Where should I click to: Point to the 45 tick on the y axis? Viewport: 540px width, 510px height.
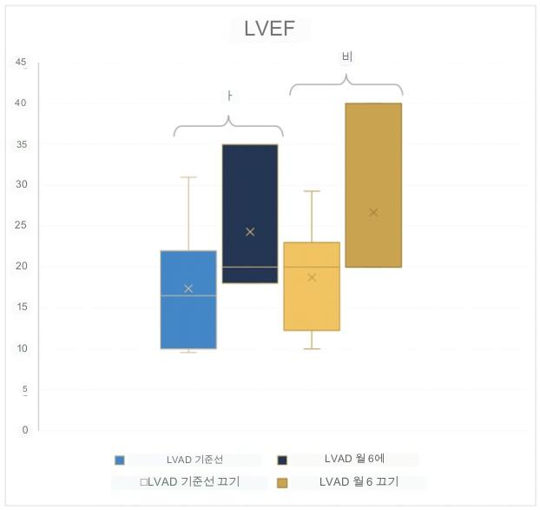point(21,63)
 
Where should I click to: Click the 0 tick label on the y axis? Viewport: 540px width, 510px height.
point(24,430)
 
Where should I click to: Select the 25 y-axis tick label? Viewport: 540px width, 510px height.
point(21,226)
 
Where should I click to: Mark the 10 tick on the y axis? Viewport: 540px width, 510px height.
point(21,348)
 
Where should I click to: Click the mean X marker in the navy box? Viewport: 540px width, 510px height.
point(250,232)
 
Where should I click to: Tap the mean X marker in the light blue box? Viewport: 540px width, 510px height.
point(188,288)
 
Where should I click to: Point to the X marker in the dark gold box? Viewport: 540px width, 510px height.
point(373,212)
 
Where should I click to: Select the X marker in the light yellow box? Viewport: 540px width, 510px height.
point(312,277)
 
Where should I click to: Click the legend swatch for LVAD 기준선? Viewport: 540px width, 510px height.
point(120,460)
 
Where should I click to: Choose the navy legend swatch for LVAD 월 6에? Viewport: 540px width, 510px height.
point(282,460)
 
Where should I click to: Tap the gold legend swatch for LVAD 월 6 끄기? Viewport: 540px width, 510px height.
point(282,482)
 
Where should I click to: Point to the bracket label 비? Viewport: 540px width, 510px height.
point(346,57)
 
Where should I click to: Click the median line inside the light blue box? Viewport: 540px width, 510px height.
point(188,295)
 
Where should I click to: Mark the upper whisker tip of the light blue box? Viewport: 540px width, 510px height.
point(188,177)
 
